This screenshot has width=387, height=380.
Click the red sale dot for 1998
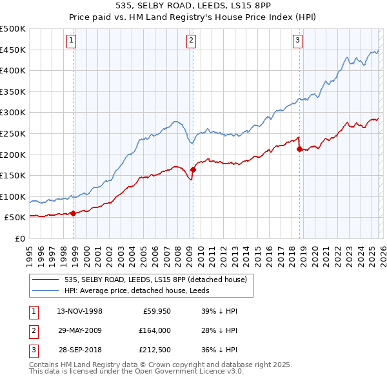point(73,213)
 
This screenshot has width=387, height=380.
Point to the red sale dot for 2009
point(193,169)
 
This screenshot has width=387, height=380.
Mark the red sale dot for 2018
point(299,149)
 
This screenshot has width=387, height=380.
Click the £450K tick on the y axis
point(13,50)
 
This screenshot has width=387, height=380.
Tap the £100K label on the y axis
point(13,196)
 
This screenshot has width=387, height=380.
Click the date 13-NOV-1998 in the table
point(79,311)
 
